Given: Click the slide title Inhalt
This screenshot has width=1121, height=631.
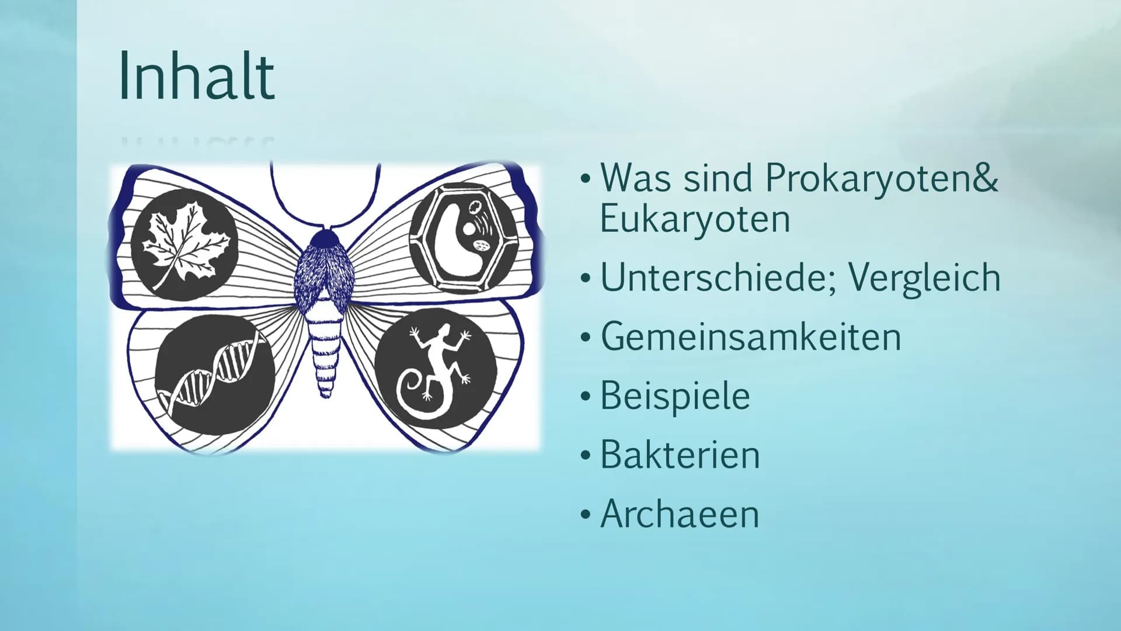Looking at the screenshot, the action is [196, 76].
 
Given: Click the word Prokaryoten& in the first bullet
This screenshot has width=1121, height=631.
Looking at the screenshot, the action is [882, 178].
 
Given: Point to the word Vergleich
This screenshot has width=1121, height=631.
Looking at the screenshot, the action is [924, 279].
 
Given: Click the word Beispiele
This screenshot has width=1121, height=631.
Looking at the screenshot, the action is [675, 397].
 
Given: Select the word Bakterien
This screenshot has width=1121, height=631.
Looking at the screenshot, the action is [680, 455].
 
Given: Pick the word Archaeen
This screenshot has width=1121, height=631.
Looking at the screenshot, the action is [680, 514].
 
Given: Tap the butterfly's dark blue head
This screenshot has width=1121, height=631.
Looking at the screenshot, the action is [324, 238].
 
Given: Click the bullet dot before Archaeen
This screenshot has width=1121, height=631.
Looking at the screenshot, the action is [586, 515].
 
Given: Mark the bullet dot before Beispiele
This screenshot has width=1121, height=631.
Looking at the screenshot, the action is [586, 397].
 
